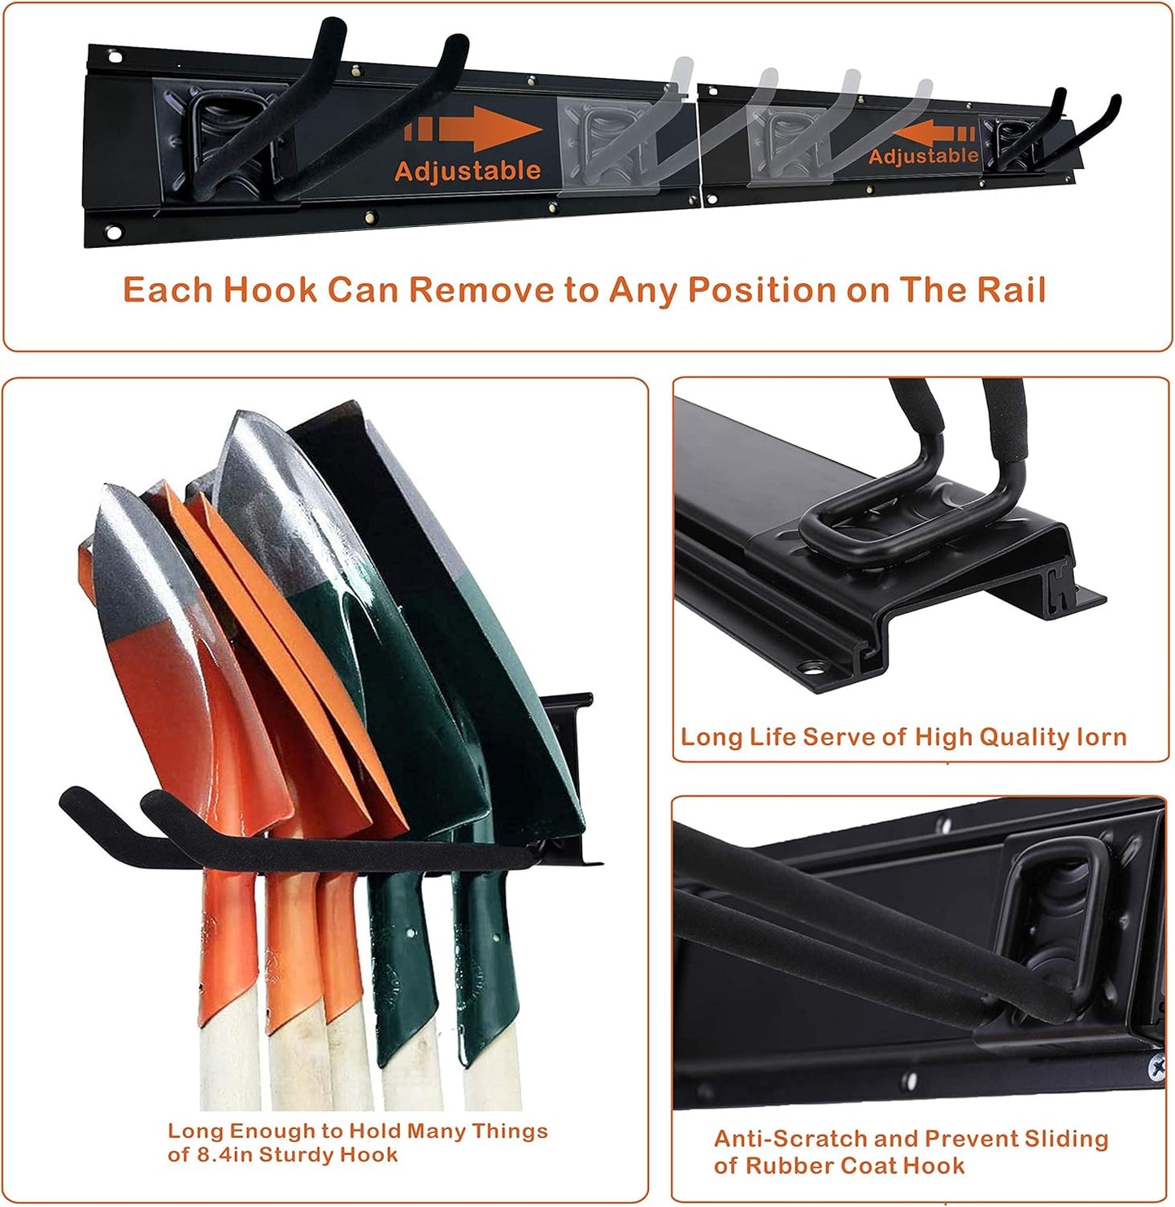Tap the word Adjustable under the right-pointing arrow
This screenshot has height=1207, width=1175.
pyautogui.click(x=468, y=171)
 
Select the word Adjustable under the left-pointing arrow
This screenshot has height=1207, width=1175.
pyautogui.click(x=923, y=155)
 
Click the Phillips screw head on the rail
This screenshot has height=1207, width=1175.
pyautogui.click(x=1156, y=1065)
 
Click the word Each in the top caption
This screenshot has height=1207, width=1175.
pyautogui.click(x=168, y=290)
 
